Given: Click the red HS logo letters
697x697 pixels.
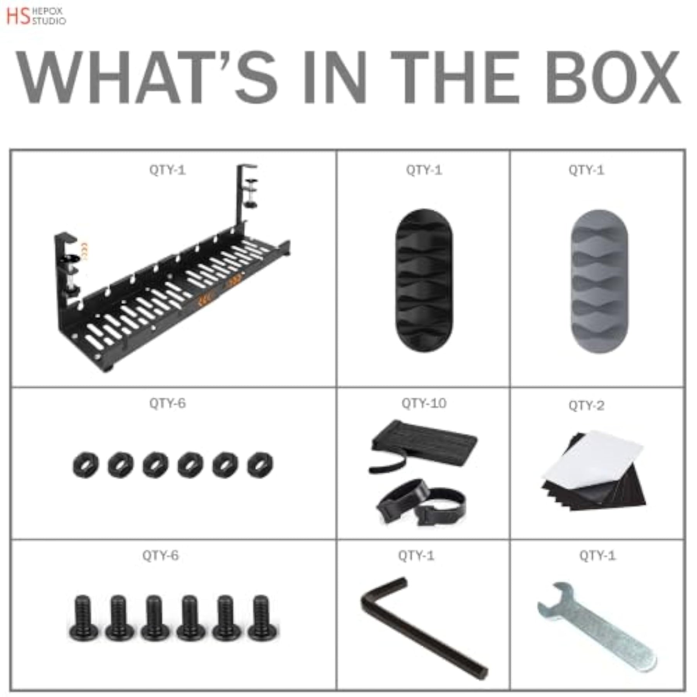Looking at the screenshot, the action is click(x=18, y=16).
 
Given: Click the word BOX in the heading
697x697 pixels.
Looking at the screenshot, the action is click(x=613, y=77).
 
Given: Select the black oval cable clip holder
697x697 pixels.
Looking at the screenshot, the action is click(x=424, y=280).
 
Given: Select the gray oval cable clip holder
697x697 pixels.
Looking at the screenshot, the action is click(x=599, y=281).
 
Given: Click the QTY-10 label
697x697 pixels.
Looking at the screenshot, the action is click(x=424, y=403).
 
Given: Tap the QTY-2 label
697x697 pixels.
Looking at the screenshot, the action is click(x=586, y=405).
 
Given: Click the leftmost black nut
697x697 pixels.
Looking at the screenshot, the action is click(x=86, y=465).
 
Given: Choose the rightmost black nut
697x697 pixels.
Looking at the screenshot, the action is click(x=260, y=465).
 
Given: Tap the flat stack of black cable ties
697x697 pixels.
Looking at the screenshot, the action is click(x=424, y=443).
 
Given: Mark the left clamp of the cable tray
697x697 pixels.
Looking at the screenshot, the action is click(x=67, y=267).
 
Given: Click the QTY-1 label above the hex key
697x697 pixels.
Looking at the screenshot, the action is click(x=416, y=556).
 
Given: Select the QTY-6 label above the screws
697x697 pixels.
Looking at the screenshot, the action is click(x=160, y=556).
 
